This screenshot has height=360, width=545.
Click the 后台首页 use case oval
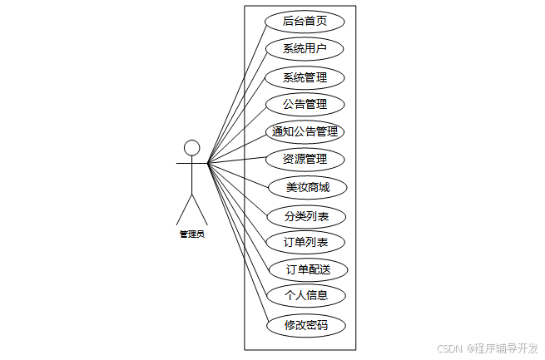point(304,22)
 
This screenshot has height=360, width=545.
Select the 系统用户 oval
point(304,48)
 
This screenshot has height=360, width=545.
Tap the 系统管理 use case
point(304,78)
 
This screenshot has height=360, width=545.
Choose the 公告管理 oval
point(304,105)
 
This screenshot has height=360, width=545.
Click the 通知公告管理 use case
point(305,131)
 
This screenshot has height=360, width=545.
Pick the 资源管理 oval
point(304,159)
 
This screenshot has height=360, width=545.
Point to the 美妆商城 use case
point(307,187)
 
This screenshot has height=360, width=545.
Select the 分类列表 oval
point(305,216)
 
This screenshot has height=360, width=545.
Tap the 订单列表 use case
point(305,243)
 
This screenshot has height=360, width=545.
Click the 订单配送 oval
point(308,269)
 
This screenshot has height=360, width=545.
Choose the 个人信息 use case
point(305,295)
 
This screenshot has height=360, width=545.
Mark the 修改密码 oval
point(305,325)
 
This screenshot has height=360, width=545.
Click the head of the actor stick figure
point(192,148)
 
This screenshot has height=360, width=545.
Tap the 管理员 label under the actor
point(192,234)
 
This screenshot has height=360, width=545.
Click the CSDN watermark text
point(448,348)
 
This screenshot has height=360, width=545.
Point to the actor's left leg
point(185,210)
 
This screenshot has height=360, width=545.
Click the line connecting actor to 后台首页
point(237,91)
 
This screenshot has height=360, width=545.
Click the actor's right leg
point(200,210)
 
